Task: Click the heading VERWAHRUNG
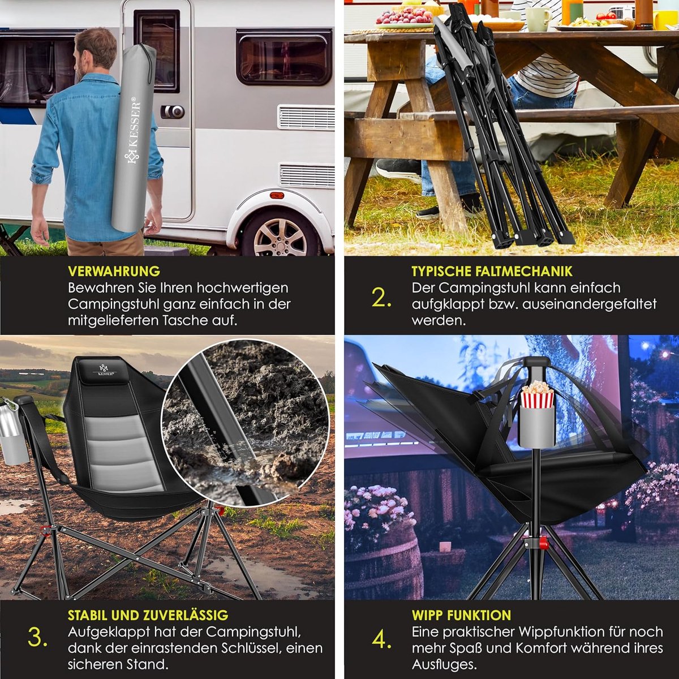pos(114,272)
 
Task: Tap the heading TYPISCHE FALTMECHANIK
pos(492,272)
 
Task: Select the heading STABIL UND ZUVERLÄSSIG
pos(148,615)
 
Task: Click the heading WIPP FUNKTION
pos(461,615)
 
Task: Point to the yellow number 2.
pos(381,298)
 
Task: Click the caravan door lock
pos(173,111)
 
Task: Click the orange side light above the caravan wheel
pos(277,194)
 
